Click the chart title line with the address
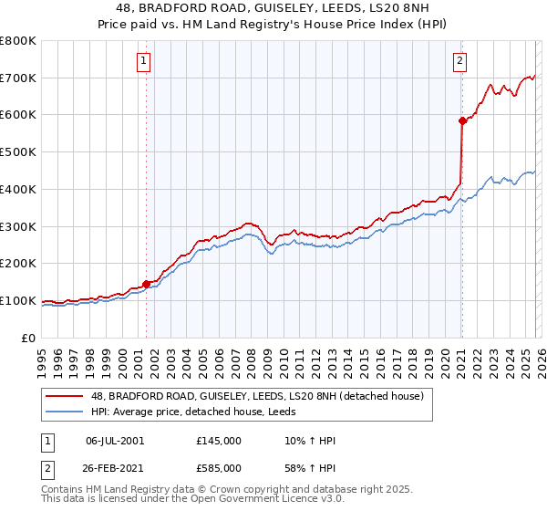pos(273,8)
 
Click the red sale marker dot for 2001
pos(146,284)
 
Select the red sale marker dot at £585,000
pos(462,120)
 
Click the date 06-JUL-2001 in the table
pos(114,441)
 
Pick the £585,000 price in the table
pos(219,470)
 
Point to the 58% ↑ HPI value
pos(310,470)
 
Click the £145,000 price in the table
pos(219,441)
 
